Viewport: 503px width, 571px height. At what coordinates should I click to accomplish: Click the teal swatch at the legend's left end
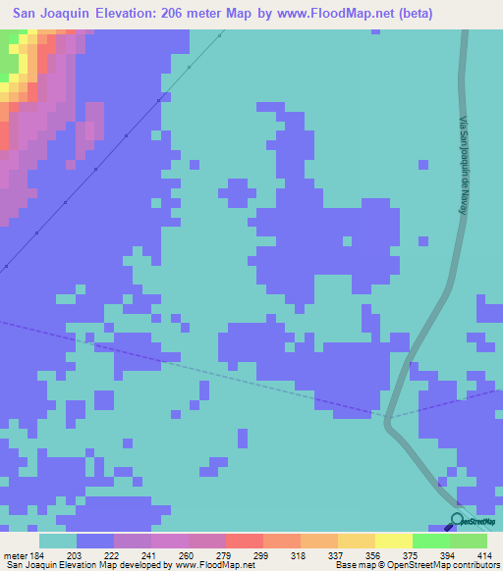[58, 541]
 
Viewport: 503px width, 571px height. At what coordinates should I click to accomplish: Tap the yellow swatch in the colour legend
[394, 541]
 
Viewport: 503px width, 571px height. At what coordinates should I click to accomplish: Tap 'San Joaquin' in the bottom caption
[29, 564]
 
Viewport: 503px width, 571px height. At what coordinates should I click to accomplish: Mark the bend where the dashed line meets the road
[388, 419]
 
